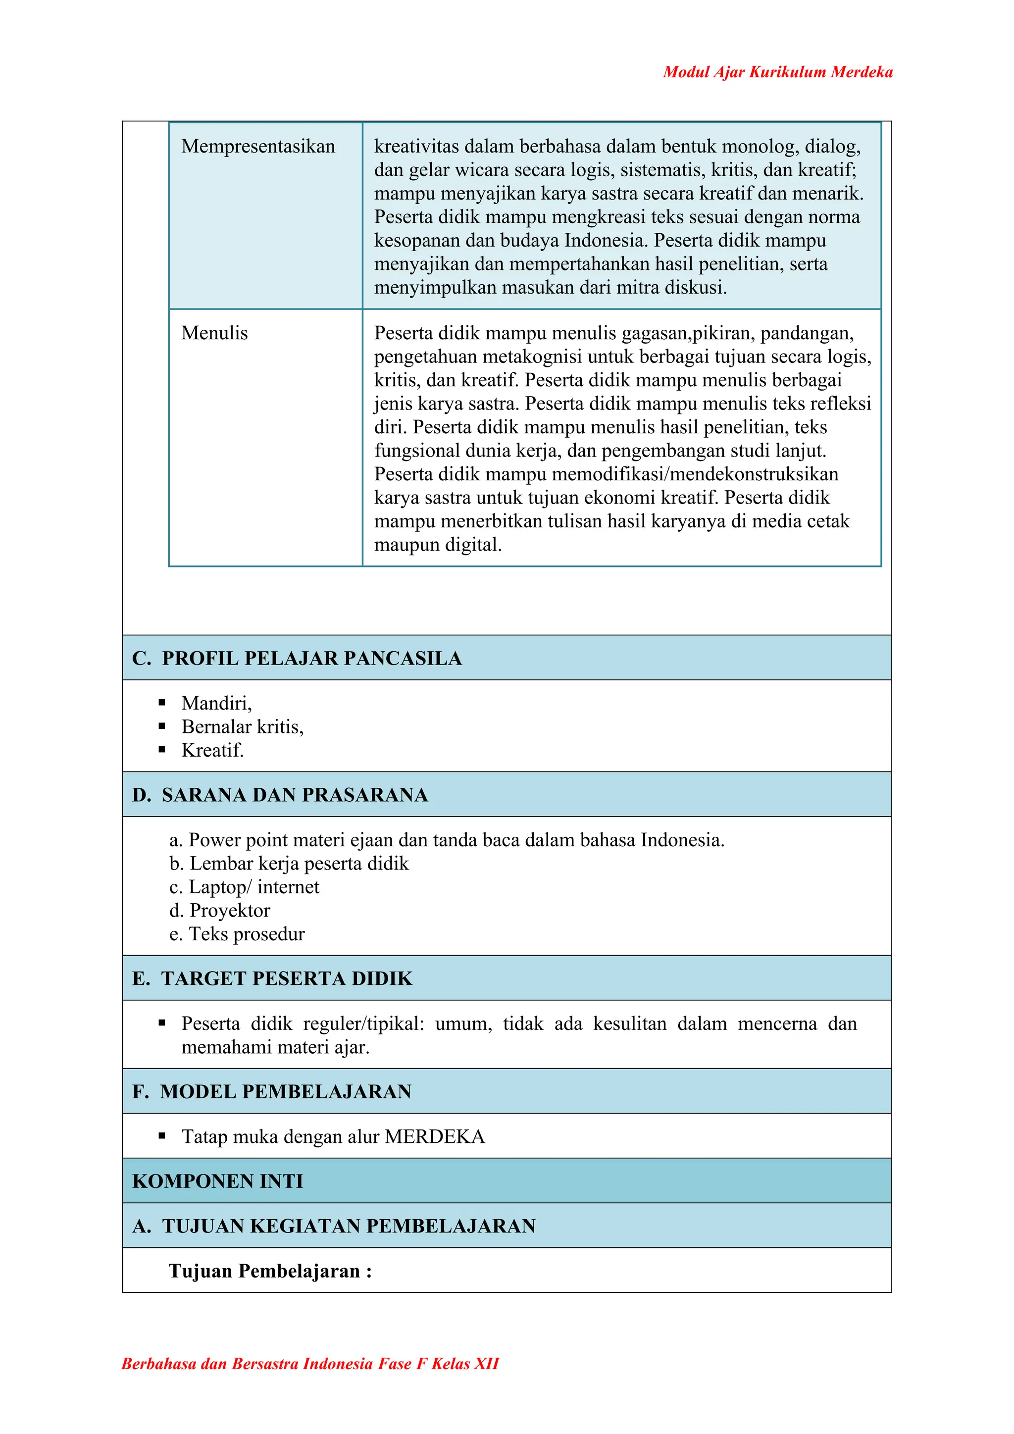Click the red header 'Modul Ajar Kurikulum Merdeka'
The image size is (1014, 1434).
pyautogui.click(x=777, y=72)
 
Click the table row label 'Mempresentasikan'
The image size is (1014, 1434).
pyautogui.click(x=258, y=146)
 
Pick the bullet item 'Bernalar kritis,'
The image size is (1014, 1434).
pyautogui.click(x=242, y=726)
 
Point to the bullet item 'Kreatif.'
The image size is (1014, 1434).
pyautogui.click(x=212, y=750)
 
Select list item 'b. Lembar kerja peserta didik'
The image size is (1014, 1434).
pyautogui.click(x=289, y=863)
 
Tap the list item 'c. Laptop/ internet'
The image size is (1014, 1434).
pyautogui.click(x=244, y=887)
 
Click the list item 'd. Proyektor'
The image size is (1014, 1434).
pyautogui.click(x=220, y=911)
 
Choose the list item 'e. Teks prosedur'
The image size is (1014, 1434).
pyautogui.click(x=237, y=934)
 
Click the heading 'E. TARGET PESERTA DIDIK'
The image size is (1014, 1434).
pyautogui.click(x=272, y=978)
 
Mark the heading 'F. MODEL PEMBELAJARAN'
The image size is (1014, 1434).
pyautogui.click(x=272, y=1091)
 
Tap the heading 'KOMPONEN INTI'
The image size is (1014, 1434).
pyautogui.click(x=218, y=1181)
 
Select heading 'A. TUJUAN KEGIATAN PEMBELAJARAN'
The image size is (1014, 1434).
pyautogui.click(x=334, y=1226)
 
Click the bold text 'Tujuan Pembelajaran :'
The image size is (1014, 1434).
pyautogui.click(x=270, y=1271)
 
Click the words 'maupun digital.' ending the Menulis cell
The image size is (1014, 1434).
pyautogui.click(x=438, y=545)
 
